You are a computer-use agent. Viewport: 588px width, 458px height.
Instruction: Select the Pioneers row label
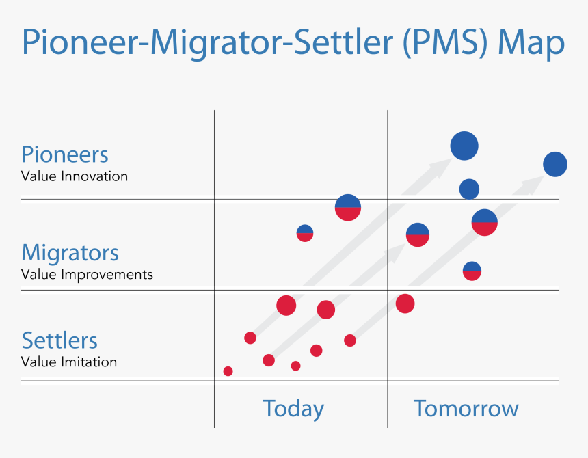(65, 154)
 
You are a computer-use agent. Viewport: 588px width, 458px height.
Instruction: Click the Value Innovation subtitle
(75, 176)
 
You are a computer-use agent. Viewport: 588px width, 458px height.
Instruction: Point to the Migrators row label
(70, 253)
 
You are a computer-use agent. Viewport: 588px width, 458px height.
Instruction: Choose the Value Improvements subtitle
(87, 275)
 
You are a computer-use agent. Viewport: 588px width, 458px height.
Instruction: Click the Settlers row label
(59, 340)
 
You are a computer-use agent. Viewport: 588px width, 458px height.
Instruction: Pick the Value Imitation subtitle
(69, 362)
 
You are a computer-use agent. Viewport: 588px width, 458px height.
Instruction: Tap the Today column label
(293, 409)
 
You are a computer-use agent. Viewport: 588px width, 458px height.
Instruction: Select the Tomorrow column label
(466, 409)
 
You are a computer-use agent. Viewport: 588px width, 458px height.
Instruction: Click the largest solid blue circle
(464, 146)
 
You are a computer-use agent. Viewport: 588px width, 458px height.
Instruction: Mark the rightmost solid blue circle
(555, 165)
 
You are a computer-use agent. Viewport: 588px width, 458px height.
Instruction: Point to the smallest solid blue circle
(469, 189)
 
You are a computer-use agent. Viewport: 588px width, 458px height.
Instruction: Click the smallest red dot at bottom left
(228, 371)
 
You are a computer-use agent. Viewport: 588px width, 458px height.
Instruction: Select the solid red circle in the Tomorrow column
(405, 304)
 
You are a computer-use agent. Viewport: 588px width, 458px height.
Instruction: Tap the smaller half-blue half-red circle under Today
(305, 232)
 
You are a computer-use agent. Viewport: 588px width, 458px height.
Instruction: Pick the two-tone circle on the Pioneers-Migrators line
(348, 207)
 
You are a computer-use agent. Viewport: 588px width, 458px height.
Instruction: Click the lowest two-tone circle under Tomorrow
(472, 271)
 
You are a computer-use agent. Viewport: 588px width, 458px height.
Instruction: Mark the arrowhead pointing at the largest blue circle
(438, 166)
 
